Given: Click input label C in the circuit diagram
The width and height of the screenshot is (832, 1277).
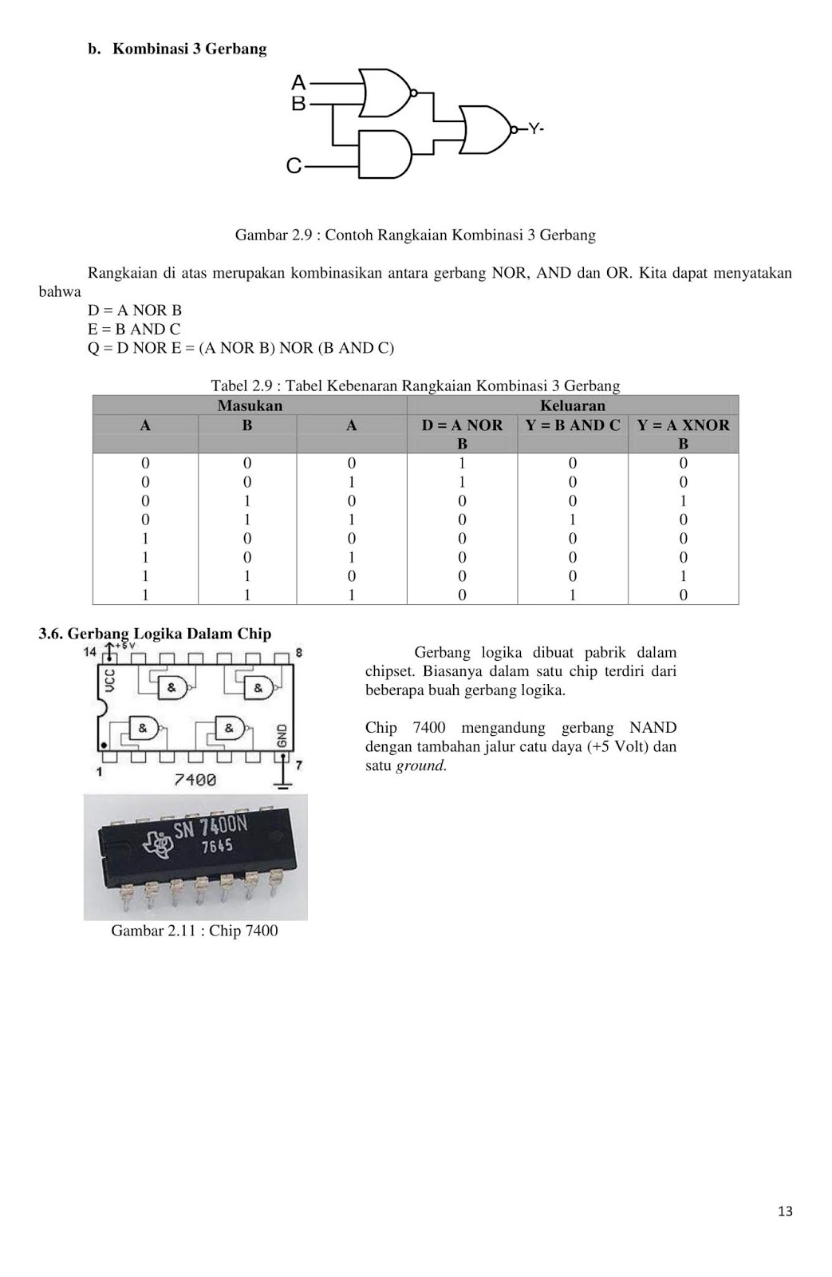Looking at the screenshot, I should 294,166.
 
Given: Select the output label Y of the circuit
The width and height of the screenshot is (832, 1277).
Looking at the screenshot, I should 535,128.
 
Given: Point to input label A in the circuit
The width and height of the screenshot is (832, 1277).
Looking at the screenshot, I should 298,82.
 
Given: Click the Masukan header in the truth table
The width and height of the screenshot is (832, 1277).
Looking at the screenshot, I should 250,405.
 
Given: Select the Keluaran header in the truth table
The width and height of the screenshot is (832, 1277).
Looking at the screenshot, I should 572,405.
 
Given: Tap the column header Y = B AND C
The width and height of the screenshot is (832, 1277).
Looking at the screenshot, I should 572,425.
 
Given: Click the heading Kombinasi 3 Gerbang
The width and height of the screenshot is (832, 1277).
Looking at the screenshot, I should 189,49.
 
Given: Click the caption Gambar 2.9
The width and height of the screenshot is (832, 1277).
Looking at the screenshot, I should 415,235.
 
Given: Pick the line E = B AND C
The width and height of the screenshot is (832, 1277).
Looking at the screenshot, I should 134,329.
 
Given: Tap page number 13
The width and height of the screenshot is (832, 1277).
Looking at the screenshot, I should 785,1212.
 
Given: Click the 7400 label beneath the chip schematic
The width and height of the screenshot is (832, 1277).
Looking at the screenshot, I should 195,779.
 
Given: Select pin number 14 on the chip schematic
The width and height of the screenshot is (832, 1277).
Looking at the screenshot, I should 90,652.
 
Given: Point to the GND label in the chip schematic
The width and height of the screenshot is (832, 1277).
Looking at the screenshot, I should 282,734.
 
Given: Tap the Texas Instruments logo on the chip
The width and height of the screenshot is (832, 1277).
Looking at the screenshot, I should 157,843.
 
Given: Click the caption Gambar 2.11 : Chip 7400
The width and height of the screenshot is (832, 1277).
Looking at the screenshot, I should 195,931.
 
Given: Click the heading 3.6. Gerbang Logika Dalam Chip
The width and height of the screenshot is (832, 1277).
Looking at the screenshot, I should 155,634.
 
